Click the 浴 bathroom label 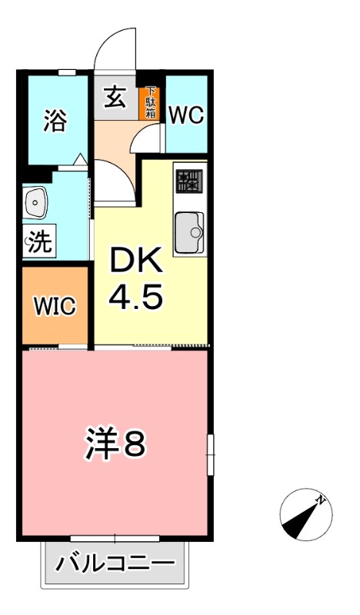[x=55, y=121]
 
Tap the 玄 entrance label [x=115, y=98]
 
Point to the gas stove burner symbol [x=187, y=181]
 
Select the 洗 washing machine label [x=39, y=244]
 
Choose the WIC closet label [x=54, y=307]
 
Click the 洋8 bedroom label [x=114, y=444]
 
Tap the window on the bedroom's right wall [x=209, y=454]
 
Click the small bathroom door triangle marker [x=80, y=161]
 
